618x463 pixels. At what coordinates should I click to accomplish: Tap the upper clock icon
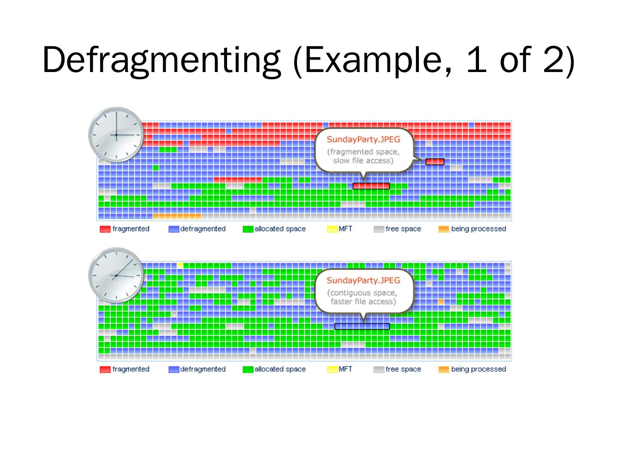tap(116, 135)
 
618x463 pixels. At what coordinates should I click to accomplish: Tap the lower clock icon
tap(116, 275)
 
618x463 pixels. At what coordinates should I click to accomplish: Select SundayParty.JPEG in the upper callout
tap(363, 139)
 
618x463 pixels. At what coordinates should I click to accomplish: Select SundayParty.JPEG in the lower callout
tap(363, 280)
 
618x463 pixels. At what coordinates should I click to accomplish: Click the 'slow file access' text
tap(363, 161)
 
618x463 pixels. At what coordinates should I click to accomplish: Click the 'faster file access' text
tap(363, 301)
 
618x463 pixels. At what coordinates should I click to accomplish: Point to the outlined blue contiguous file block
tap(362, 327)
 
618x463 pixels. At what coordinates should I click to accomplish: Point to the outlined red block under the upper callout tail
tap(371, 186)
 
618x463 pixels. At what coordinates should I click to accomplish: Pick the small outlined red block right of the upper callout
tap(435, 162)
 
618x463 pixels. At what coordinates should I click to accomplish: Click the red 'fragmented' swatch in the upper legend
tap(105, 229)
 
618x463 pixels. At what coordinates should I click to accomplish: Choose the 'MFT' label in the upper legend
tap(345, 229)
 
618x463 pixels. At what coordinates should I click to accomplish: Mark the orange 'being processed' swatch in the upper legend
tap(443, 229)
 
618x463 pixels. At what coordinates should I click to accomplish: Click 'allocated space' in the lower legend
tap(280, 369)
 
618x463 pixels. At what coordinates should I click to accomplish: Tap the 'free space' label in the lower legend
tap(403, 369)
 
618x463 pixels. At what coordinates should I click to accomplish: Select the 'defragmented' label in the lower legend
tap(203, 369)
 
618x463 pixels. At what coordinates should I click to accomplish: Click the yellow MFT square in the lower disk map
tap(180, 265)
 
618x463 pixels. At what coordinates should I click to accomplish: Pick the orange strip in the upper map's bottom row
tap(177, 216)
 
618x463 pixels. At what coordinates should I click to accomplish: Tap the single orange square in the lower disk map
tap(441, 302)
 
